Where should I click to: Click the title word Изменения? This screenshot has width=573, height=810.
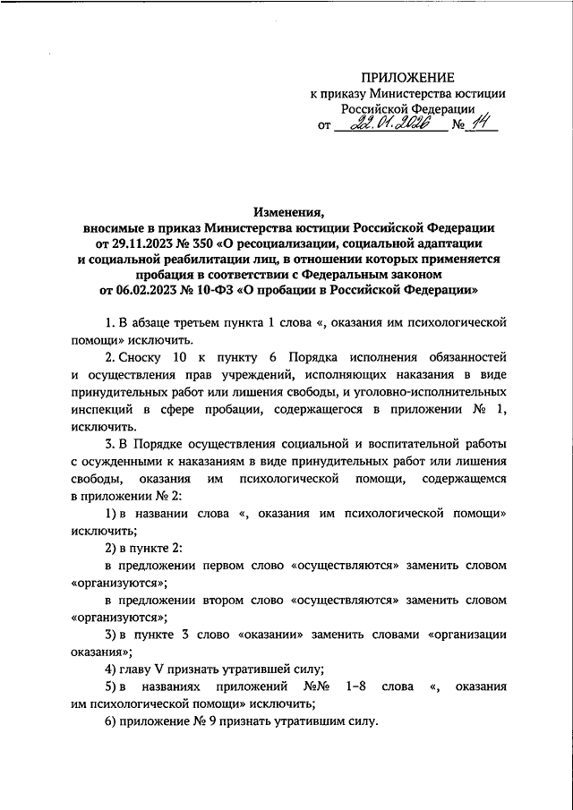point(288,211)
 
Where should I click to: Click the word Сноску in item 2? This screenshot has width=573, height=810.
point(145,355)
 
